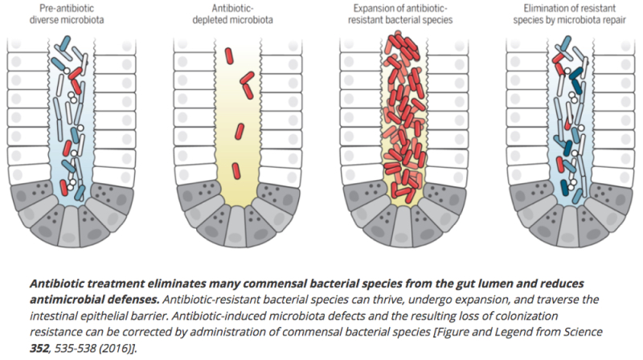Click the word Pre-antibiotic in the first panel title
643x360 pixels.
67,8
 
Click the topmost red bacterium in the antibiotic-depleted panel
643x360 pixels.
229,55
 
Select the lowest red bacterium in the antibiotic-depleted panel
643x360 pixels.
235,171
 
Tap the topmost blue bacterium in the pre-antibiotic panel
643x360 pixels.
65,43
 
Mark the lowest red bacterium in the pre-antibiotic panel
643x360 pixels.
63,187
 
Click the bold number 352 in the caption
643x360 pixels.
39,349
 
